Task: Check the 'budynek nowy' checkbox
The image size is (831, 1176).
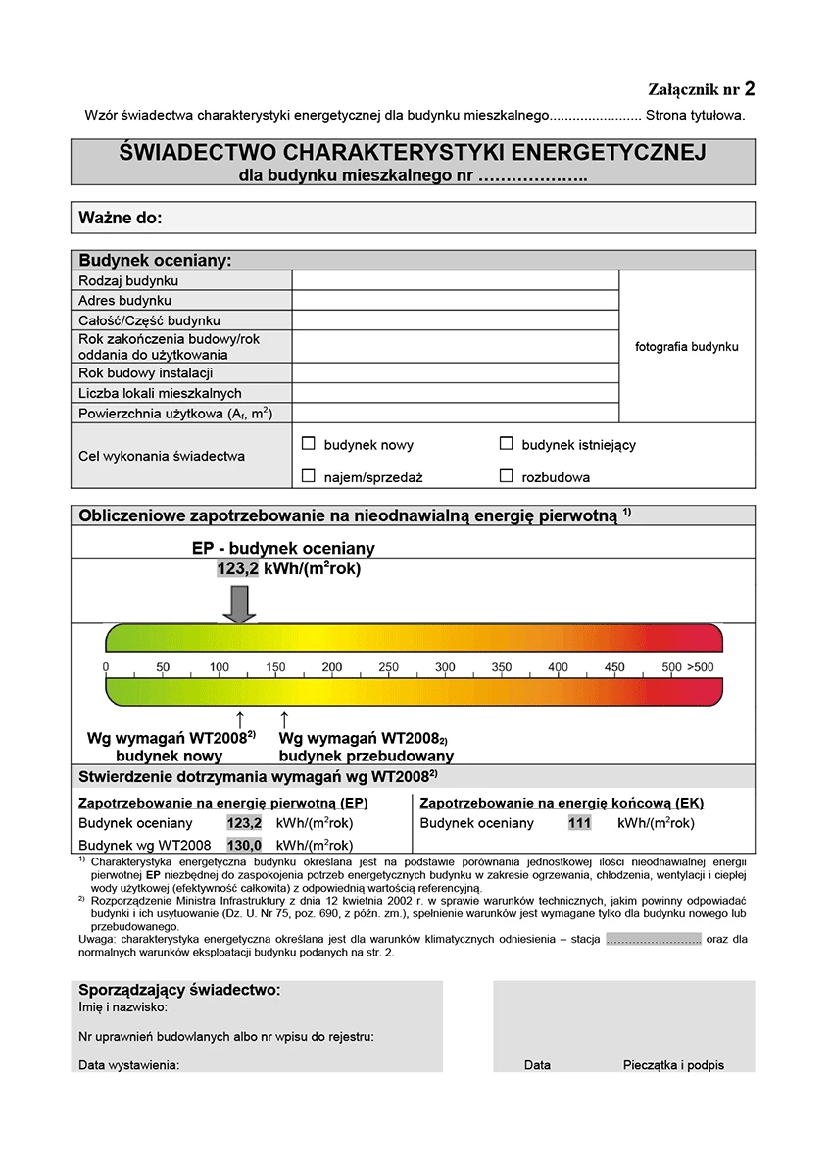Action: pos(309,444)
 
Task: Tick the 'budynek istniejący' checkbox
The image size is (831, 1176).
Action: pos(507,444)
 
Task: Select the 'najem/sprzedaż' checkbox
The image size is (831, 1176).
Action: pos(309,476)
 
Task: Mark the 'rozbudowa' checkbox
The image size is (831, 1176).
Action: pos(507,476)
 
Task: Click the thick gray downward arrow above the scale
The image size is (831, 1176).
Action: pos(239,603)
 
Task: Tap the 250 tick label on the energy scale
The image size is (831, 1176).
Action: pos(389,667)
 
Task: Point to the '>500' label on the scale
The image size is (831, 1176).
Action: pos(701,667)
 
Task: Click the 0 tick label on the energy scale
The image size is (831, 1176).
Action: pos(106,667)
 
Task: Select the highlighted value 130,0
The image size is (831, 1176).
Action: pos(244,845)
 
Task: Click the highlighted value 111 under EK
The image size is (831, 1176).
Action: pos(579,823)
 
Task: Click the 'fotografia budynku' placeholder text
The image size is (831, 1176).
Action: pos(687,347)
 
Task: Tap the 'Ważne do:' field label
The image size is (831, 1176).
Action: pos(120,218)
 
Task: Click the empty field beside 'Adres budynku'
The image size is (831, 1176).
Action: pos(456,301)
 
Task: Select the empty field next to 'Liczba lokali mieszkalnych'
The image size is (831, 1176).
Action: pos(456,393)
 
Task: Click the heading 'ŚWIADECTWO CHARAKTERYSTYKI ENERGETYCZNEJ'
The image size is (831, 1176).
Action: pos(413,153)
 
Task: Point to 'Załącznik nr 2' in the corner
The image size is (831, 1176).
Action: pos(701,90)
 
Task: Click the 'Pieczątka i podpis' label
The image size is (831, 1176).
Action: pos(673,1064)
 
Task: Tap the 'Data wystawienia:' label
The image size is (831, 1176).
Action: pos(129,1064)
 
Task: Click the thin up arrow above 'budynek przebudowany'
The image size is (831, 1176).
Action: pos(284,720)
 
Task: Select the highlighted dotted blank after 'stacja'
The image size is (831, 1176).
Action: pos(653,939)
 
